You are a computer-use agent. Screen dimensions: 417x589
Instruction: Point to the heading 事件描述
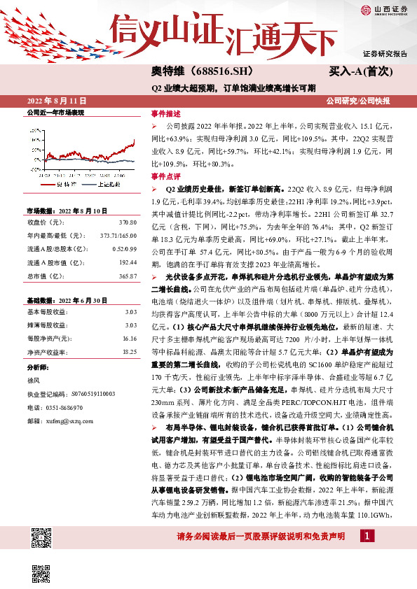coord(166,114)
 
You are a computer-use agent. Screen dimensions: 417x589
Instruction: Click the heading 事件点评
coord(166,177)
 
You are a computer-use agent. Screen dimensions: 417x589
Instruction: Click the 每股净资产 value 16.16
coord(129,338)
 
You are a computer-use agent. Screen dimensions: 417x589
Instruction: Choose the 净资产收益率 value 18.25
coord(129,351)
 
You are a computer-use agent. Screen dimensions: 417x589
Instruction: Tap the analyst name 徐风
coord(33,380)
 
